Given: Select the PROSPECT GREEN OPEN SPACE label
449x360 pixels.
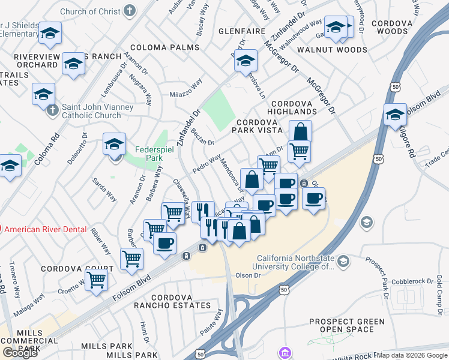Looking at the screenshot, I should (x=347, y=326).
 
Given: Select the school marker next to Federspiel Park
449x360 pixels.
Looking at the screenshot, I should (x=114, y=144).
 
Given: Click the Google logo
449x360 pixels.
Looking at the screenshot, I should (x=20, y=352).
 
